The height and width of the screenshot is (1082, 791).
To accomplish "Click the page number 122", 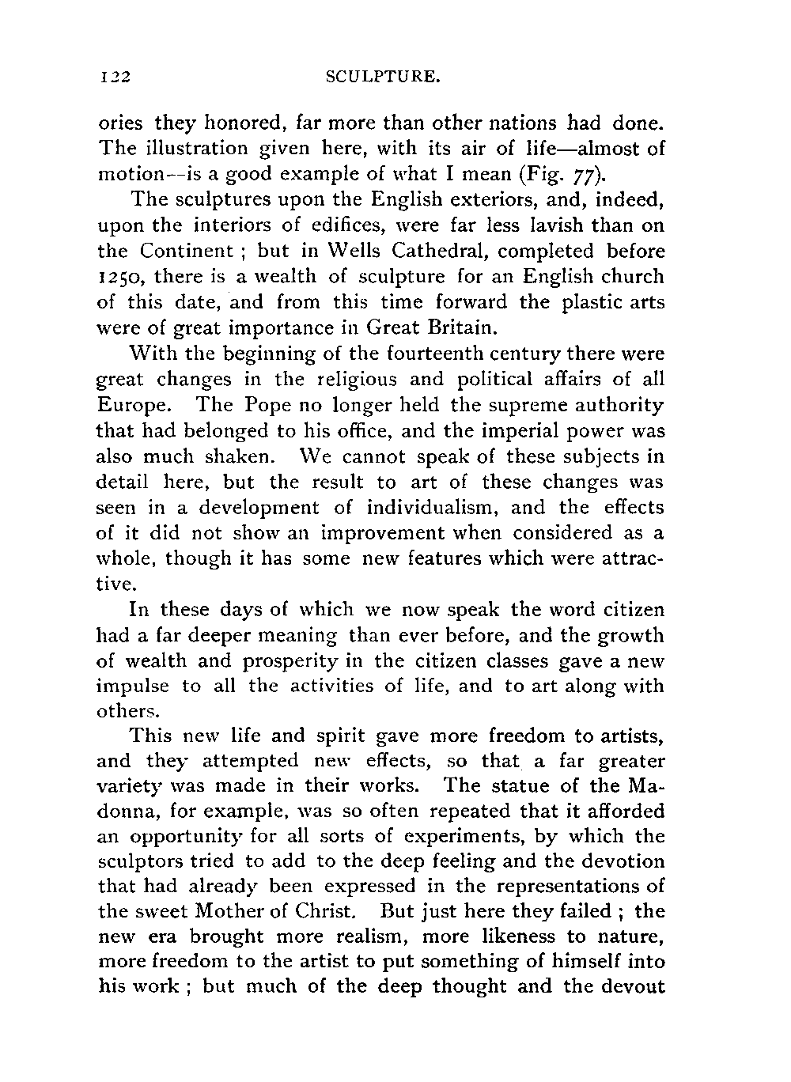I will [x=114, y=78].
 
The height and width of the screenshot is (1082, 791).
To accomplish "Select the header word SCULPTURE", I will [x=382, y=78].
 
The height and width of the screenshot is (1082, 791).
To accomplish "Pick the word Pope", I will [x=255, y=406].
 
